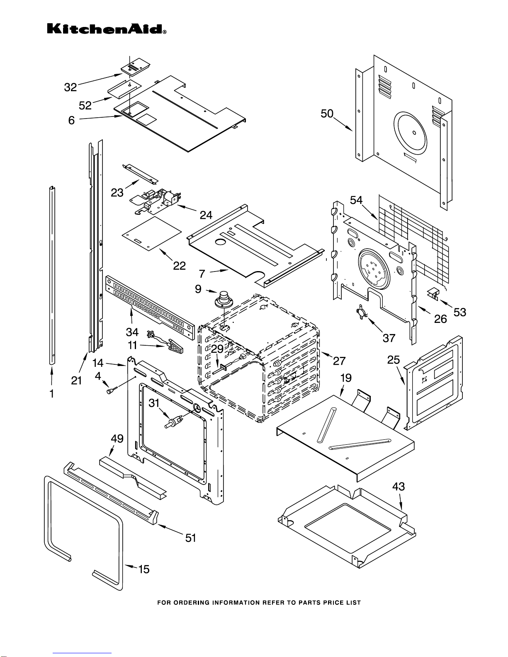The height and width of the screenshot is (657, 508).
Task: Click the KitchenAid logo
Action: pos(107,29)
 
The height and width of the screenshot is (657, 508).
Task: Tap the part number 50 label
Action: pos(327,114)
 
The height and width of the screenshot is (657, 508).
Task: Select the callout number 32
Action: pos(70,87)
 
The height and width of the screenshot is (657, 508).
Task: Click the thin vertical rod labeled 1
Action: pos(52,275)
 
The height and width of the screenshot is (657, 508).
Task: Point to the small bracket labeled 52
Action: pos(124,90)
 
